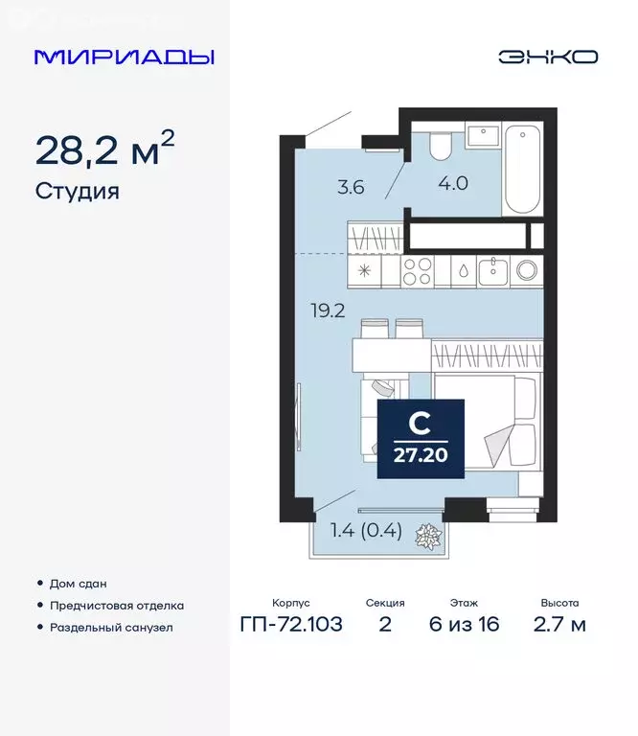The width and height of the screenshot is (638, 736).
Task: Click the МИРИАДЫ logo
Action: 124,57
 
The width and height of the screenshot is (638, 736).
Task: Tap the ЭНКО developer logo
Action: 547,57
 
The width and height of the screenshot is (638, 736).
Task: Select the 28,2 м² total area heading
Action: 104,149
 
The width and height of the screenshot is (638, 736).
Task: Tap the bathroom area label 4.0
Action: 453,183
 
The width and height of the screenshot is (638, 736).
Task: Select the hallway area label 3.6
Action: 351,187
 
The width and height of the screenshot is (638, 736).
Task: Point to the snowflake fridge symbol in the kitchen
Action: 364,270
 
